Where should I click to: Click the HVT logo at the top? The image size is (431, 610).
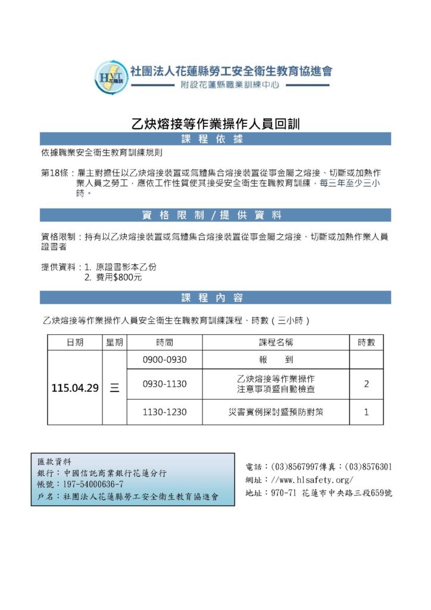[113, 76]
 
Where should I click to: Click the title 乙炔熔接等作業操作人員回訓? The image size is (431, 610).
[215, 125]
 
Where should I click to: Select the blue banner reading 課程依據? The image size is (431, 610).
[215, 139]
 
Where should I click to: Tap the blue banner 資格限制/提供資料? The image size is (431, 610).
[215, 215]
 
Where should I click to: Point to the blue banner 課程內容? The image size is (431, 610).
[215, 297]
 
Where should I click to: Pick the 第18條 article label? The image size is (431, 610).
[54, 173]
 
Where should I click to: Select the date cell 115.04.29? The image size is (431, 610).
[74, 388]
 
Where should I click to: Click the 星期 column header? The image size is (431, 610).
[114, 343]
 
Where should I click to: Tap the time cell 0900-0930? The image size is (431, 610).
[164, 360]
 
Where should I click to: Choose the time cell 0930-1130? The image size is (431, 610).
[164, 384]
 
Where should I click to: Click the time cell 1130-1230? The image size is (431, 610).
[164, 412]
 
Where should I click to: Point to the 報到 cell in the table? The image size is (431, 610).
[275, 360]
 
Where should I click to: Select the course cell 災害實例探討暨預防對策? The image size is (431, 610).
[275, 412]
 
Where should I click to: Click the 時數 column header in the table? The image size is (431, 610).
[366, 343]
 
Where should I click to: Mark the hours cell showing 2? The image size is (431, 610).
[366, 384]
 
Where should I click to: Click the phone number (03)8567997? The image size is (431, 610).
[295, 466]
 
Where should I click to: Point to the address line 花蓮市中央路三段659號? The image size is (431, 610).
[346, 493]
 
